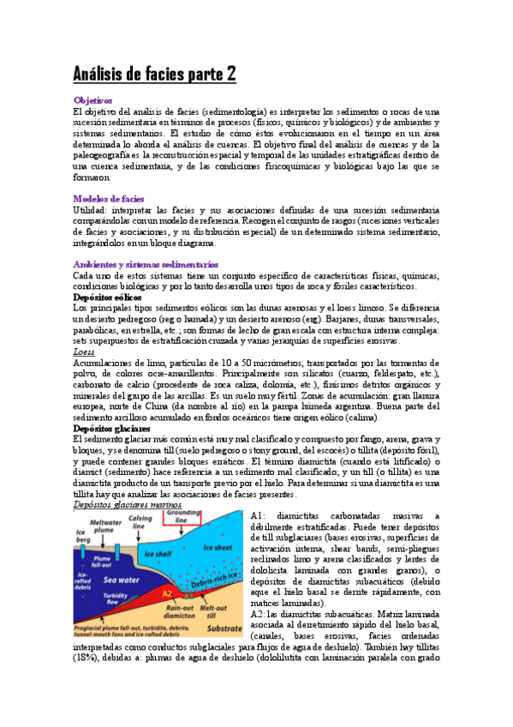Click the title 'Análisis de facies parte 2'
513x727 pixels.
coord(154,75)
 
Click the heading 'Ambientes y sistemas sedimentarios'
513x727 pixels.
coord(146,264)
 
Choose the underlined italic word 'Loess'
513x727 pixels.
coord(85,351)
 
